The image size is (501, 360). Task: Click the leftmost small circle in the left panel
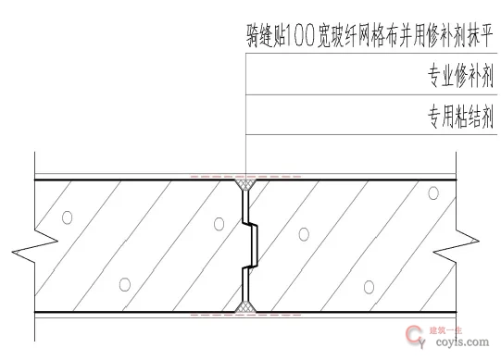click(x=66, y=218)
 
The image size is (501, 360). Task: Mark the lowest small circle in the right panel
click(x=369, y=285)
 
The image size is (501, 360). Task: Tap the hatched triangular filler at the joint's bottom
click(x=245, y=304)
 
